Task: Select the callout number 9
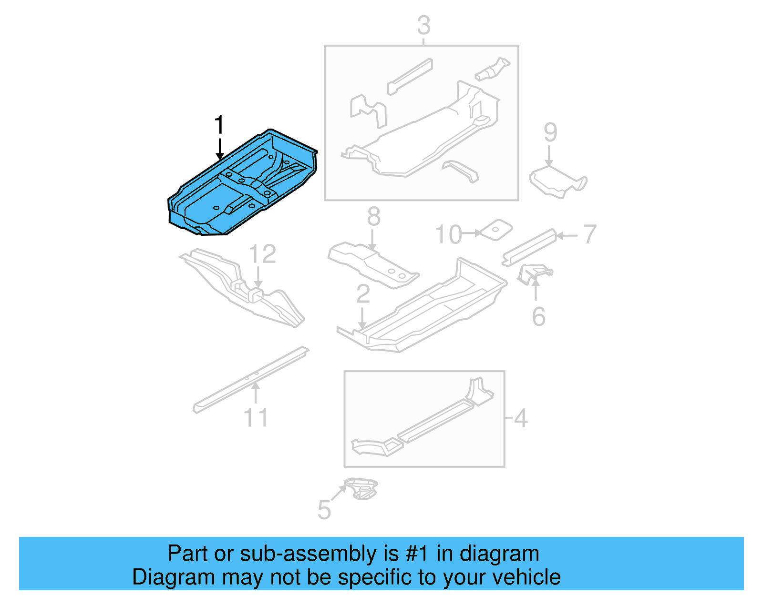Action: pyautogui.click(x=550, y=132)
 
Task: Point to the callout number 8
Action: pyautogui.click(x=373, y=217)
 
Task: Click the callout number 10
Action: pyautogui.click(x=448, y=234)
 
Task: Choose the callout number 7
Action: pyautogui.click(x=590, y=234)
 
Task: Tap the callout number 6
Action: pyautogui.click(x=538, y=317)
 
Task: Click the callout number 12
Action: pyautogui.click(x=262, y=254)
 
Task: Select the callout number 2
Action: pyautogui.click(x=363, y=294)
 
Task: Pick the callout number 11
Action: pyautogui.click(x=256, y=418)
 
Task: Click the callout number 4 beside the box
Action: pyautogui.click(x=521, y=418)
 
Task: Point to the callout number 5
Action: pyautogui.click(x=324, y=510)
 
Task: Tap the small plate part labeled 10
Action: pyautogui.click(x=496, y=230)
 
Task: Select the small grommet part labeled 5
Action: pyautogui.click(x=361, y=489)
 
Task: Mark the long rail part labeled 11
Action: pyautogui.click(x=250, y=380)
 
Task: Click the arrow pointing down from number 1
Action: pyautogui.click(x=219, y=149)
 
